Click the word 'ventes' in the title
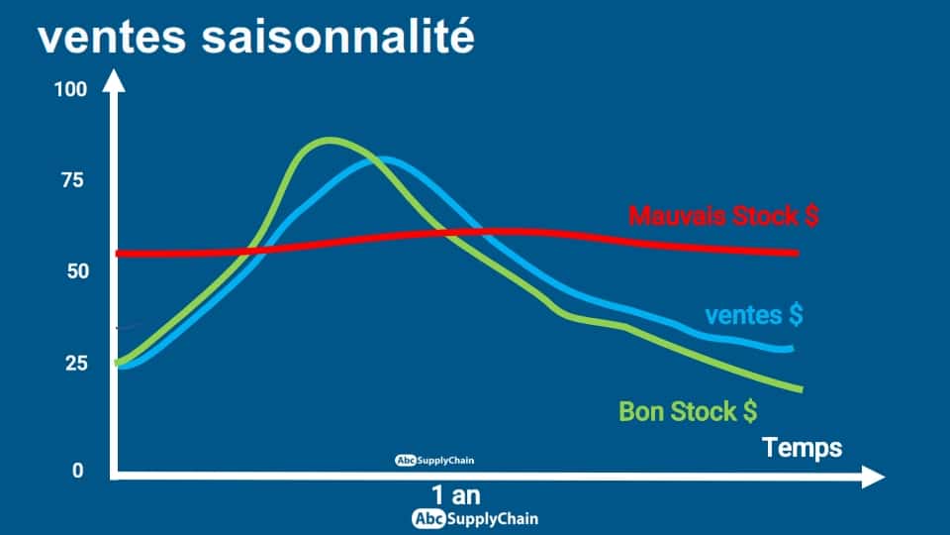112,39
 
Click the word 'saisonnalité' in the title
338,36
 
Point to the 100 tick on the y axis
71,90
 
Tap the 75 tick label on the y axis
72,180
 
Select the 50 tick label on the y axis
78,271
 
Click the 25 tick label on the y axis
77,364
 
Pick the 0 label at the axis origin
77,470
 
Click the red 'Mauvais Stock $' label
723,216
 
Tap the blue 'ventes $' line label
754,315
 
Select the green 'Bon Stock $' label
689,412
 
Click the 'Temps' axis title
803,448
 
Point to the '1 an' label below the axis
456,495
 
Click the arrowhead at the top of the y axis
113,80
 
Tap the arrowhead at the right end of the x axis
873,477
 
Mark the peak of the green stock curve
329,141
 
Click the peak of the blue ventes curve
380,160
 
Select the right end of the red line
798,253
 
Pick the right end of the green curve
802,388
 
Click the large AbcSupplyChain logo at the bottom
475,519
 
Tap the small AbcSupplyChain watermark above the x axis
434,461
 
